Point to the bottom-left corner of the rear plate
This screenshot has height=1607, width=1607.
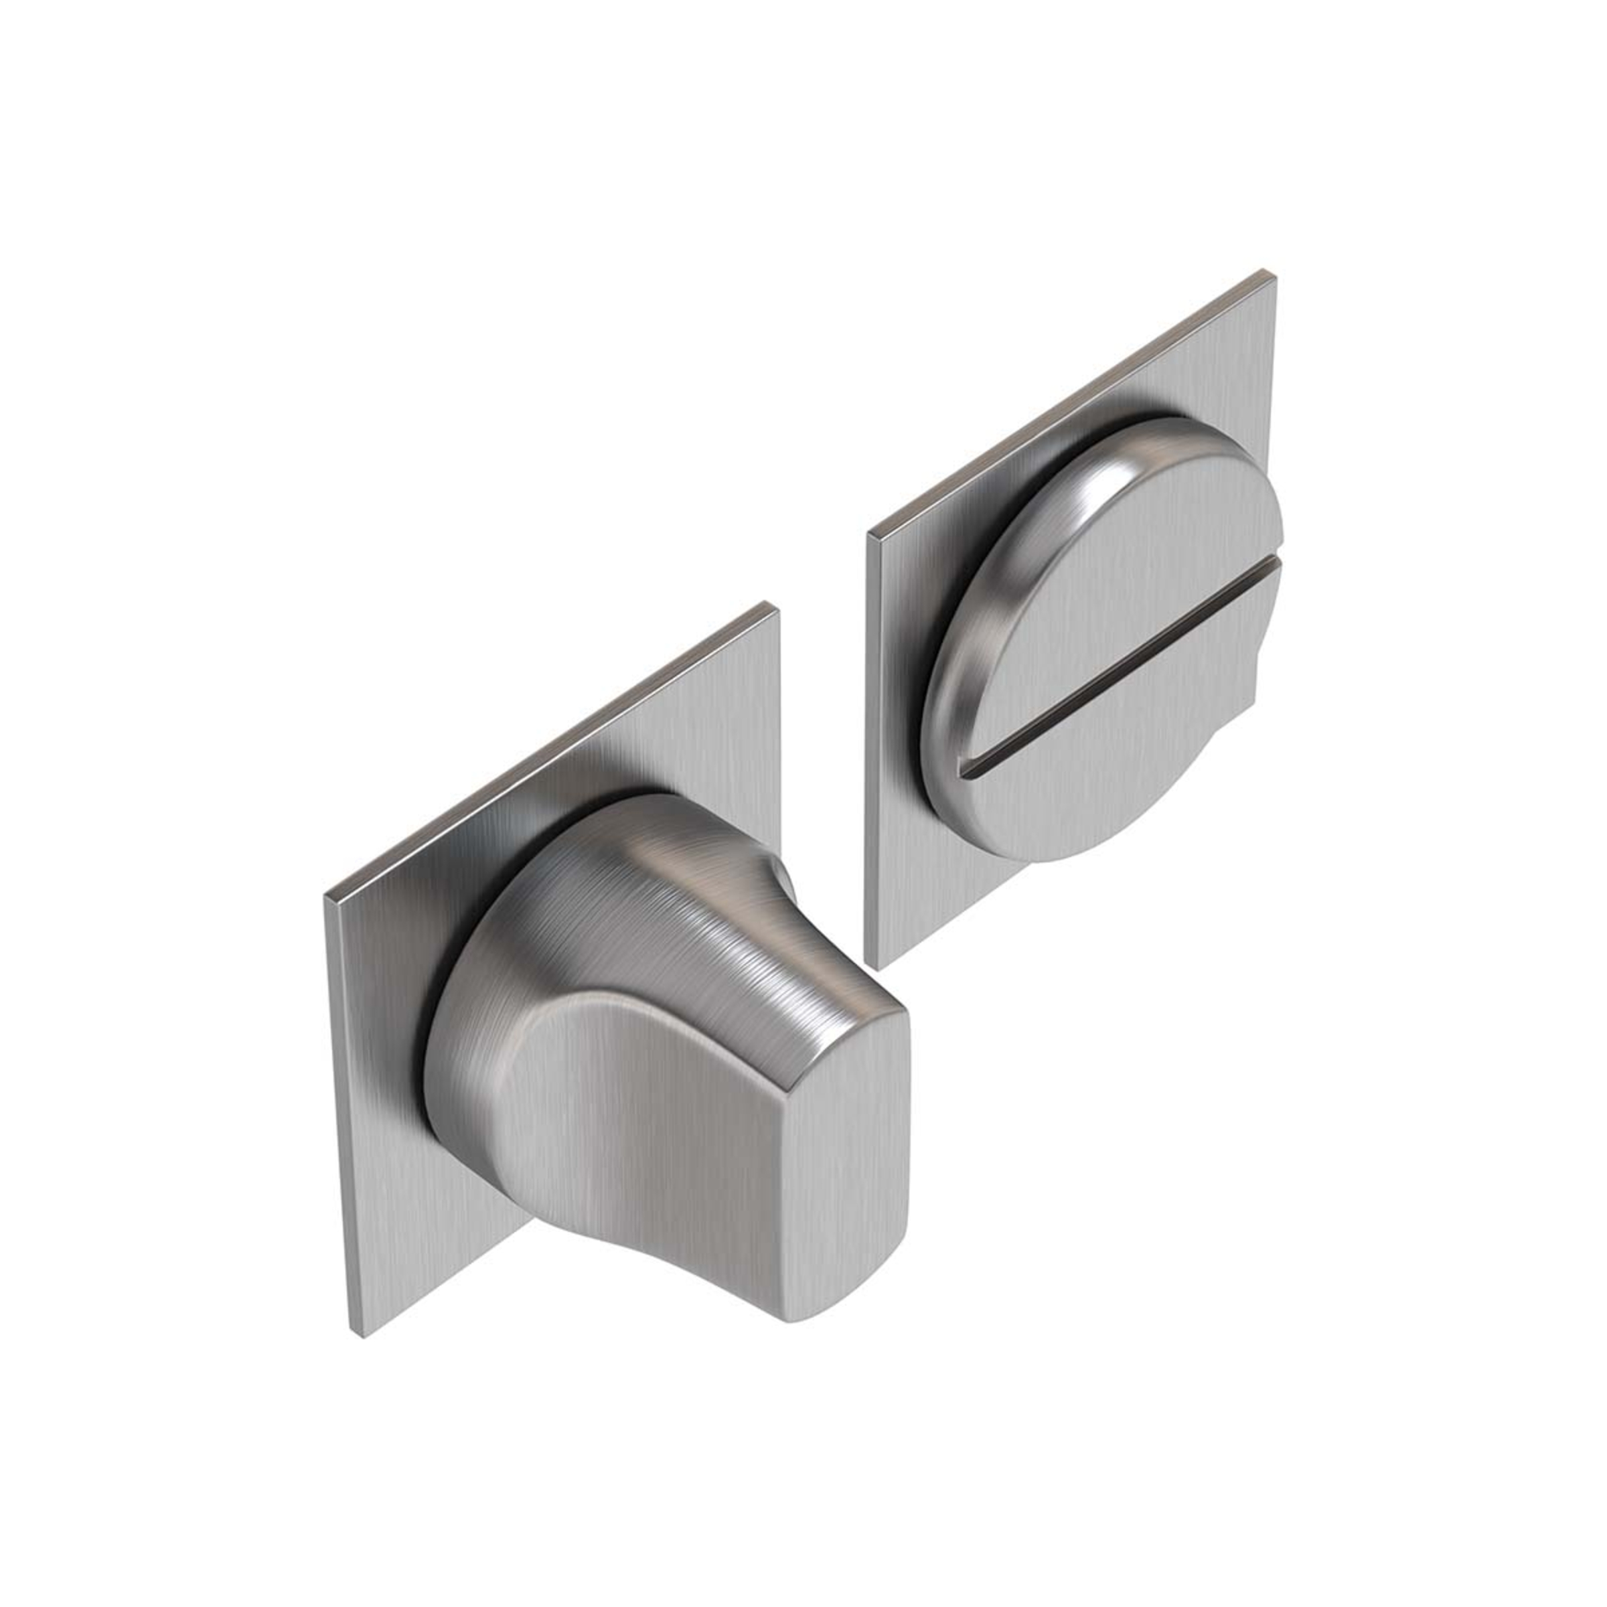(880, 966)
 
